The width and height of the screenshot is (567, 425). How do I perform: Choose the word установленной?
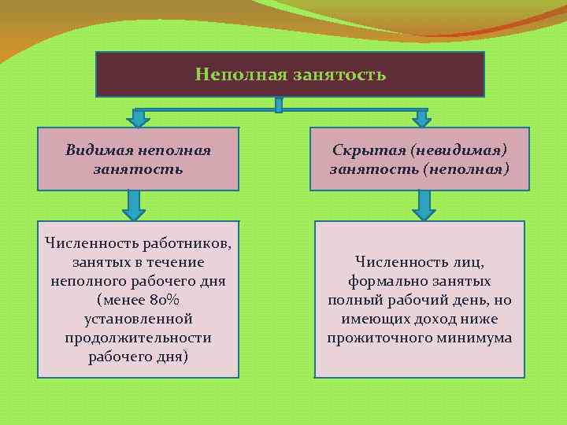[138, 319]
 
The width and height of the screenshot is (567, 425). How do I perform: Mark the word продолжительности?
[138, 338]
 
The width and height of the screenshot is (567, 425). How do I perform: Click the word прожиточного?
[376, 338]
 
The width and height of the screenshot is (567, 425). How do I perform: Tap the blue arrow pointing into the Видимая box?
[139, 118]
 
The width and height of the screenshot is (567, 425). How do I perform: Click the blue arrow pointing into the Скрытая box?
[422, 118]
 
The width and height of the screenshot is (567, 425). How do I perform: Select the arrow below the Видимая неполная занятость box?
[134, 205]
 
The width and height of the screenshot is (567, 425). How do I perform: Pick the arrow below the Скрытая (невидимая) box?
[424, 205]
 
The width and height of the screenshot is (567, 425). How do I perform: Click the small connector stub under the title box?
[279, 105]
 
